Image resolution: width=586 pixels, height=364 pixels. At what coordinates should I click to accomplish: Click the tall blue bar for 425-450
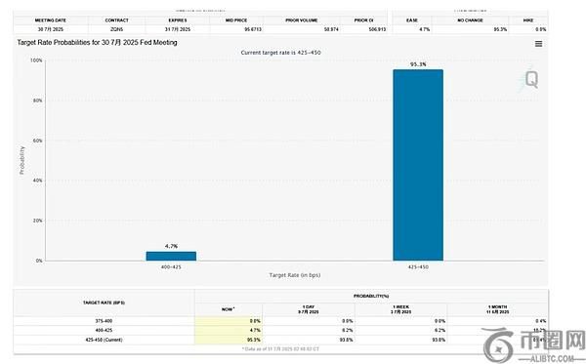pyautogui.click(x=417, y=165)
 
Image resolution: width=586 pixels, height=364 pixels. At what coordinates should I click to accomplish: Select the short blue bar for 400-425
pyautogui.click(x=171, y=256)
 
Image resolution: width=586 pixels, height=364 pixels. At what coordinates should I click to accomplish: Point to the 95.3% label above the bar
pyautogui.click(x=418, y=63)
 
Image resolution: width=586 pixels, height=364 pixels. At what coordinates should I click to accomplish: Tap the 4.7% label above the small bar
pyautogui.click(x=171, y=246)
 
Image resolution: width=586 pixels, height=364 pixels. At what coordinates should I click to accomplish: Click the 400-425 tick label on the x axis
pyautogui.click(x=171, y=266)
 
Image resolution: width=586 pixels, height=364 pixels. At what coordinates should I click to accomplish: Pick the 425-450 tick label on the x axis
pyautogui.click(x=418, y=266)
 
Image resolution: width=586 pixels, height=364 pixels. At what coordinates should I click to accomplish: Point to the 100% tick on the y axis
pyautogui.click(x=36, y=61)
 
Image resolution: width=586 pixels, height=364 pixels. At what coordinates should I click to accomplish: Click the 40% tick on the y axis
pyautogui.click(x=37, y=181)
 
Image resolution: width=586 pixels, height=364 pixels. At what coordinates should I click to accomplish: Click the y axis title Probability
pyautogui.click(x=22, y=161)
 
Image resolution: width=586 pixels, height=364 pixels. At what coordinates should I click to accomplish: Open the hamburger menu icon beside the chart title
pyautogui.click(x=538, y=44)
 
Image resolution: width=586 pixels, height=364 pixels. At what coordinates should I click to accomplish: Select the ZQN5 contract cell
pyautogui.click(x=116, y=29)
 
